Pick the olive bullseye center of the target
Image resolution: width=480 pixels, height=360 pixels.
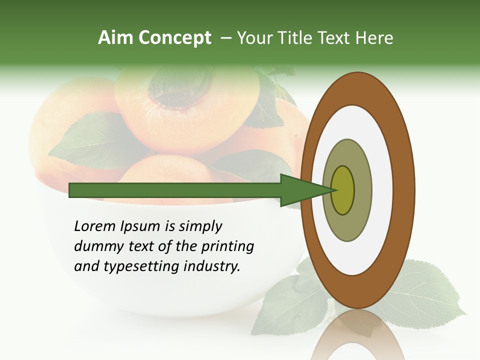tap(342, 190)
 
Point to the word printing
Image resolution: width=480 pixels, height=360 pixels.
tap(227, 246)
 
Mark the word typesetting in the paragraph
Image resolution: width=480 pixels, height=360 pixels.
tap(139, 266)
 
